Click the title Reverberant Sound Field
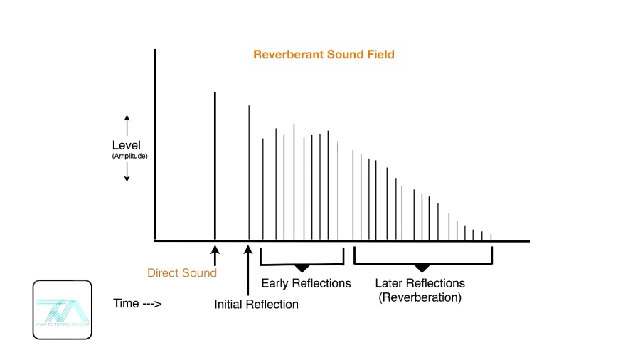[324, 55]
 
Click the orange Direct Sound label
[182, 272]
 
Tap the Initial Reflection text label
[256, 305]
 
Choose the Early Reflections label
[306, 283]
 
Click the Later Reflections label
[420, 283]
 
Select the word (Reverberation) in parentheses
[420, 297]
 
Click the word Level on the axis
[127, 146]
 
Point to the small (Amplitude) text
[129, 156]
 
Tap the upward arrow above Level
[127, 125]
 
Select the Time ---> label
[137, 304]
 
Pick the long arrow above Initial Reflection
[248, 270]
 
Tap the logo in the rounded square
[62, 309]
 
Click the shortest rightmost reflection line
[491, 237]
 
